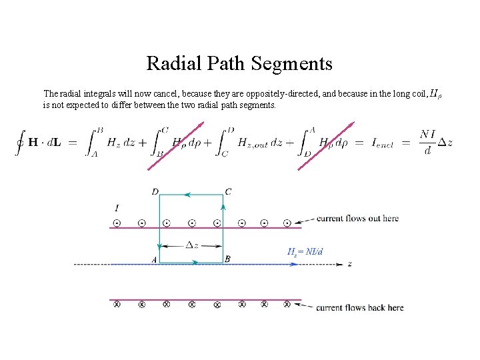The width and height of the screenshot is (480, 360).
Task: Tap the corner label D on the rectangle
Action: tap(155, 192)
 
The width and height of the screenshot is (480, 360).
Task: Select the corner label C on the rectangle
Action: tap(228, 192)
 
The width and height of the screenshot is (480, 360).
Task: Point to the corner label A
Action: tap(154, 259)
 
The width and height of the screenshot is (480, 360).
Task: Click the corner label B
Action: tap(228, 259)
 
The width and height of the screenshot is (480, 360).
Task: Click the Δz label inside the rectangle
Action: tap(191, 245)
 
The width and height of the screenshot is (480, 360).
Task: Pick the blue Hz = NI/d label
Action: tap(305, 251)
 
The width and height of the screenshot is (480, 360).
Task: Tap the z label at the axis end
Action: tap(350, 264)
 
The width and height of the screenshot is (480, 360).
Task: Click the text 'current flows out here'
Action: tap(357, 218)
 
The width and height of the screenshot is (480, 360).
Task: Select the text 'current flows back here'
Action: tap(359, 307)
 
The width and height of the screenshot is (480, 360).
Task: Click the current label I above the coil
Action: tap(117, 209)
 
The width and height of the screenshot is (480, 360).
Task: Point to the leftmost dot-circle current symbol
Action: tap(117, 223)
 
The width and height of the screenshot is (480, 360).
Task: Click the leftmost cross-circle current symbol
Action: tap(117, 305)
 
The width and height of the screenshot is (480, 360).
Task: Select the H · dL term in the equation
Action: tap(44, 143)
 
